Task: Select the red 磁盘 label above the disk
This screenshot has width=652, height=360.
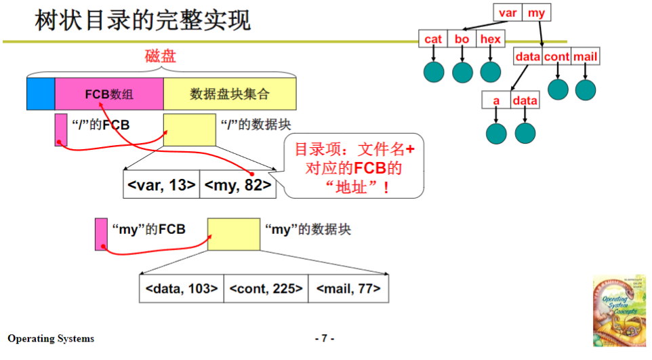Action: tap(161, 56)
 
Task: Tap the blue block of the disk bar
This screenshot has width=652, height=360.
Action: tap(41, 94)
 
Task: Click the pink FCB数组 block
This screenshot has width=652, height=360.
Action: tap(109, 94)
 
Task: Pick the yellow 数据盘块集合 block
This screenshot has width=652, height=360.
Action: tap(230, 94)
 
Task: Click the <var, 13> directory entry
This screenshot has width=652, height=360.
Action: tap(161, 185)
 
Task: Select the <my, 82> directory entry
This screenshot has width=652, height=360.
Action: tap(238, 185)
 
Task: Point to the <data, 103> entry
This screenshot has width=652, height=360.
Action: tap(181, 289)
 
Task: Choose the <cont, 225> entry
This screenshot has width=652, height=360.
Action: tap(266, 289)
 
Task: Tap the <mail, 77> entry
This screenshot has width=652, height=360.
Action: tap(348, 289)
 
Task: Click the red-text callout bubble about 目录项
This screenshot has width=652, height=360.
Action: tap(353, 167)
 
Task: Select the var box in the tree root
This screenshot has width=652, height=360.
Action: tap(508, 13)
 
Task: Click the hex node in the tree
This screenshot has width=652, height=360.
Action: tap(490, 39)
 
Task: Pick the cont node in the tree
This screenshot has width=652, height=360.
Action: tap(557, 57)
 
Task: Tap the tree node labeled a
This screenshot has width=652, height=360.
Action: tap(496, 101)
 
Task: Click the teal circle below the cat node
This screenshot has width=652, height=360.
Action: tap(433, 72)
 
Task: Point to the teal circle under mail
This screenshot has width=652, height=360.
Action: tap(585, 89)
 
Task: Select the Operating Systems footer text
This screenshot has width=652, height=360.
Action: tap(52, 338)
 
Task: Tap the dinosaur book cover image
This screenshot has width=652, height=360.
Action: tap(619, 311)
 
